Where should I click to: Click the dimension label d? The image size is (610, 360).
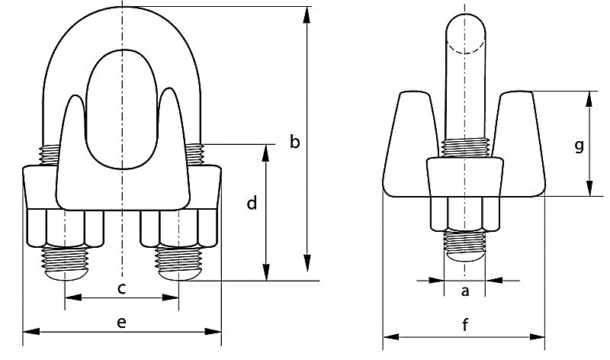point(252,204)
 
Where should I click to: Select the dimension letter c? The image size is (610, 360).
point(121,288)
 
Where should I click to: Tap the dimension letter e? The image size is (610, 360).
point(121,322)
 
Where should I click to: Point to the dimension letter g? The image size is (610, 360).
point(579,145)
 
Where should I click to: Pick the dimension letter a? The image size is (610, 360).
point(465,291)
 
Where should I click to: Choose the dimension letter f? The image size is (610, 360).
point(465,326)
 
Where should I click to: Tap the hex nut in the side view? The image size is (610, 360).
point(464,214)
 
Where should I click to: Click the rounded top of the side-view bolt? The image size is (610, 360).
point(464,31)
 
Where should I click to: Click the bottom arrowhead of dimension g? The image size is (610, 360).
point(589,190)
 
